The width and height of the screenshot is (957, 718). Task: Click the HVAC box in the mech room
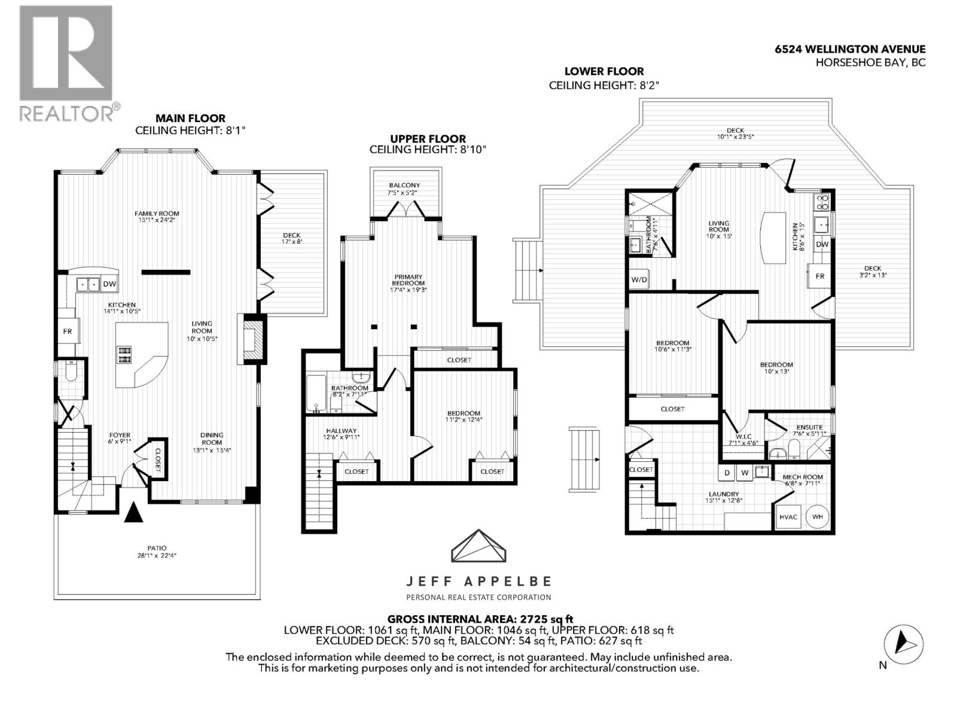point(788,517)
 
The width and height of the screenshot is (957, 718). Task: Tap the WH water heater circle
point(817,516)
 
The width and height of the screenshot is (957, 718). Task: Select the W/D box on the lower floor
point(638,279)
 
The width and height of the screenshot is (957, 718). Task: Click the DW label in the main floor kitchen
point(109,284)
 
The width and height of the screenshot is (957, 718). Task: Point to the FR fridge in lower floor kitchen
point(820,276)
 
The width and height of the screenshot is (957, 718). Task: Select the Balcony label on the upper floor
point(404,185)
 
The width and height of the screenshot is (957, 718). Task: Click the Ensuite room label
point(809,427)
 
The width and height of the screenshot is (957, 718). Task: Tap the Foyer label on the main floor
point(120,435)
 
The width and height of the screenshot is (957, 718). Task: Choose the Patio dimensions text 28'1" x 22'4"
point(157,555)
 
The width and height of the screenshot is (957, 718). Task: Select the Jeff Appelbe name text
point(478,581)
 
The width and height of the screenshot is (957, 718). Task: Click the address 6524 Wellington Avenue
point(849,50)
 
